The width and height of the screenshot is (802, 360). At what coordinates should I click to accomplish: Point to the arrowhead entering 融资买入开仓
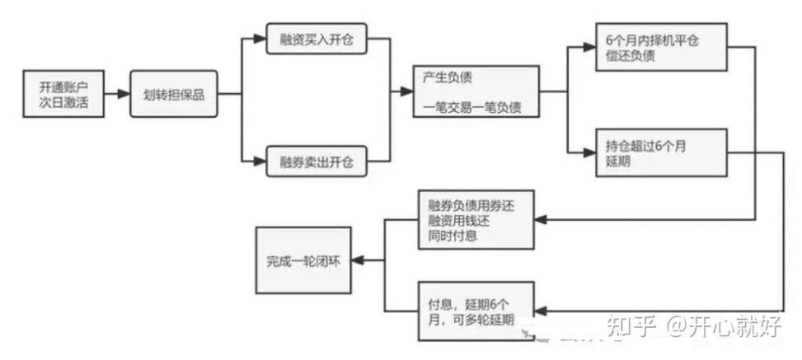[x=261, y=40]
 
